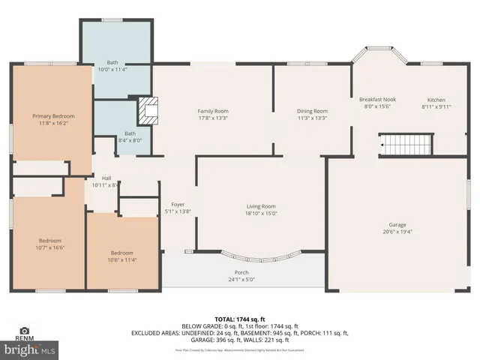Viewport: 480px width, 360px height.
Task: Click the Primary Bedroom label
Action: pos(52,116)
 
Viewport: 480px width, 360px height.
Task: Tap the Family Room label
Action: pos(212,111)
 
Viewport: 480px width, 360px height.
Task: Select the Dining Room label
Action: pos(312,111)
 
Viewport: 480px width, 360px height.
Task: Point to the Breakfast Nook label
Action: pos(376,100)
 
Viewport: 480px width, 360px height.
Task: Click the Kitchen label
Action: pos(436,100)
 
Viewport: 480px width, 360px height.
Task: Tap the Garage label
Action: pos(397,224)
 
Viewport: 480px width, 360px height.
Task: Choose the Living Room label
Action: pos(262,206)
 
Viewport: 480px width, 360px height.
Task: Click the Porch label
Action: pos(241,272)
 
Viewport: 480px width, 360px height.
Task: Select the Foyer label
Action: pos(178,205)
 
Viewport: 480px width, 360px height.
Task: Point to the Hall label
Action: pos(106,178)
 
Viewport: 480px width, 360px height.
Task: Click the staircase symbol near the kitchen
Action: pos(406,142)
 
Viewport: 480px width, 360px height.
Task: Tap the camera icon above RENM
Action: pos(24,331)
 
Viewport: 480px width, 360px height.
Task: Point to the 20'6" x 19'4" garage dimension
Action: pos(397,231)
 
